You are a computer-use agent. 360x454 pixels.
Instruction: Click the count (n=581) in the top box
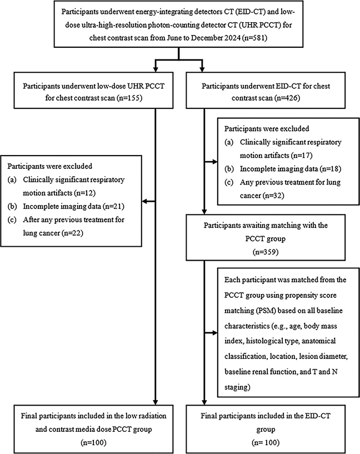(x=254, y=38)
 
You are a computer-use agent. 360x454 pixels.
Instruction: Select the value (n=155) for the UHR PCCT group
(x=129, y=98)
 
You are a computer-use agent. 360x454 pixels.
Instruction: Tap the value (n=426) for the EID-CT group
(x=287, y=98)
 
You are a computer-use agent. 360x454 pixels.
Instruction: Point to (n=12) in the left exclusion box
(x=85, y=193)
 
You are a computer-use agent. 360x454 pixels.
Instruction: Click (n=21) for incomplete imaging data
(x=113, y=206)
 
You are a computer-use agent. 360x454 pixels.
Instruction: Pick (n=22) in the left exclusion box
(x=72, y=233)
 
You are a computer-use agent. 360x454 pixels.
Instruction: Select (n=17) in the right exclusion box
(x=302, y=155)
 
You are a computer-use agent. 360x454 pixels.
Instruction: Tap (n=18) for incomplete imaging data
(x=331, y=168)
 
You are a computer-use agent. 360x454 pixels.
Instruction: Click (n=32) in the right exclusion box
(x=273, y=196)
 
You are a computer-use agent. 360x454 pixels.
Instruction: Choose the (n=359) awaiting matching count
(x=266, y=252)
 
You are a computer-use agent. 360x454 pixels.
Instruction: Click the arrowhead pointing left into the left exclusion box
(x=144, y=201)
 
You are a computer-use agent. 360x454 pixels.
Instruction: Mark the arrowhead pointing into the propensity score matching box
(x=214, y=333)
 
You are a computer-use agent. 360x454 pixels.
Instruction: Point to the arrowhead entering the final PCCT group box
(x=156, y=402)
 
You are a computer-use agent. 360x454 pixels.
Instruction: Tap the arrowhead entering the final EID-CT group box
(x=204, y=402)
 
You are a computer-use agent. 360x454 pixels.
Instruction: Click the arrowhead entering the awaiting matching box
(x=204, y=212)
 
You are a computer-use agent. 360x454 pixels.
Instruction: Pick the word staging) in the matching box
(x=237, y=387)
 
